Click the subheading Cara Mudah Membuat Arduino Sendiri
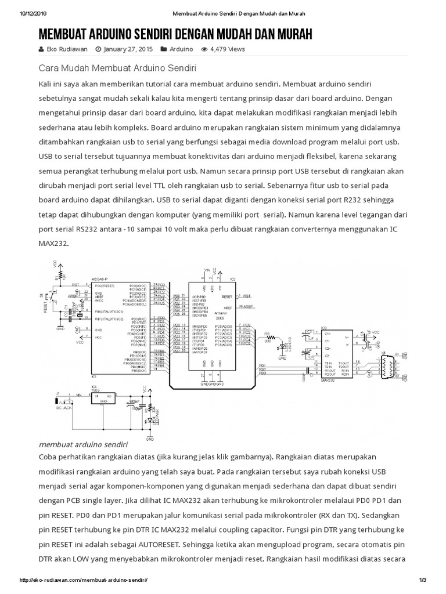[x=117, y=67]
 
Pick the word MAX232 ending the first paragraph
[x=53, y=244]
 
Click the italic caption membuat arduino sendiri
[x=82, y=444]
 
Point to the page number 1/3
[x=422, y=580]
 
